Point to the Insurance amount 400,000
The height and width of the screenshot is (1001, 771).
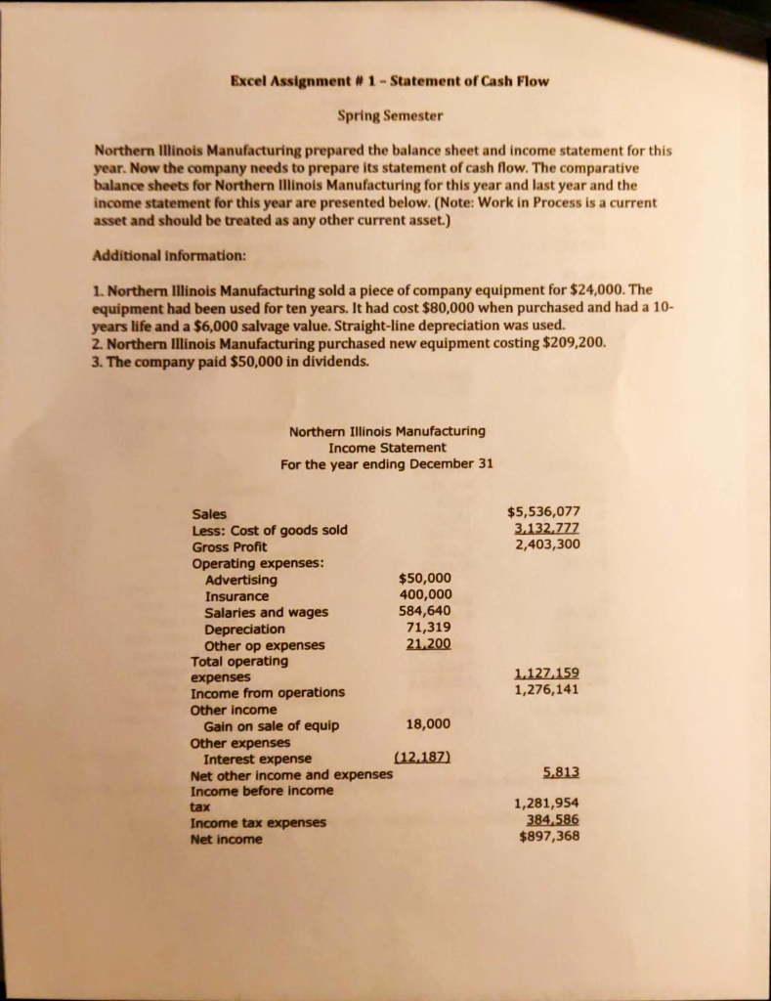tap(426, 595)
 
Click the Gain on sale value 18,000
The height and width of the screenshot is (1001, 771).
tap(427, 724)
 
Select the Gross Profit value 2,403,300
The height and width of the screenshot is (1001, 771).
tap(547, 545)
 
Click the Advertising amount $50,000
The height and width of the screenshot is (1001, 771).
tap(425, 580)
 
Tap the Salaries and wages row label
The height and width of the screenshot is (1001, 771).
tap(266, 612)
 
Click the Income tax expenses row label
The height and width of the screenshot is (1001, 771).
tap(258, 822)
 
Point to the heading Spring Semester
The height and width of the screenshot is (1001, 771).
tap(390, 116)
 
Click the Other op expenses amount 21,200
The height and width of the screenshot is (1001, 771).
tap(427, 644)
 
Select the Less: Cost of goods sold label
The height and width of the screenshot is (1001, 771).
tap(269, 530)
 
